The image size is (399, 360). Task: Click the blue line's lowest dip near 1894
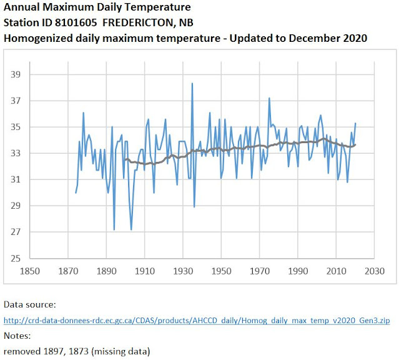tap(114, 229)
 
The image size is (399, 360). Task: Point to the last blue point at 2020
tap(355, 123)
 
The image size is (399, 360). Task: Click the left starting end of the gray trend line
tap(125, 160)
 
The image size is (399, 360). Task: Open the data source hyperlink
tap(197, 321)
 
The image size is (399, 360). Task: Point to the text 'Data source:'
tap(29, 305)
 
